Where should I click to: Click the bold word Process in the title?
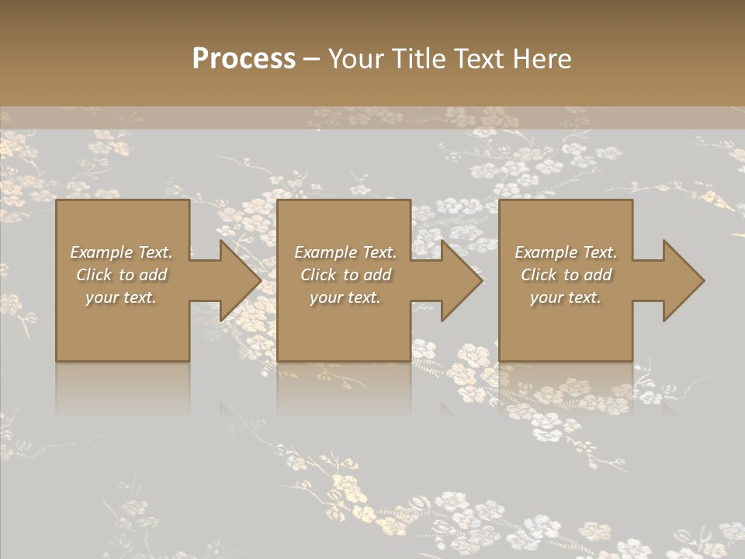[x=244, y=59]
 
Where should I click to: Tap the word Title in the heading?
[x=419, y=59]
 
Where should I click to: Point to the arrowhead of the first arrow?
[x=240, y=280]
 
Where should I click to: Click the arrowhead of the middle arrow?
[x=462, y=280]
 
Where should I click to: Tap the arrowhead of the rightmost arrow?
[x=683, y=280]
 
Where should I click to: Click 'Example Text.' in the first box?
[x=121, y=252]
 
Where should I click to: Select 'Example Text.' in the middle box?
[x=345, y=252]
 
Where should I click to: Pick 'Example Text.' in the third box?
[x=566, y=252]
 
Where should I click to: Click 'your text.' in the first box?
[x=121, y=297]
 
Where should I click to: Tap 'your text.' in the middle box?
[x=345, y=297]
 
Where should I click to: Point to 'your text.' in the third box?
[x=566, y=297]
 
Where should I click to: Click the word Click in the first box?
[x=94, y=275]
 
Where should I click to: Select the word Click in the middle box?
[x=318, y=275]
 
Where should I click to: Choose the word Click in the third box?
[x=539, y=275]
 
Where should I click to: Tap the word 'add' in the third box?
[x=598, y=275]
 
